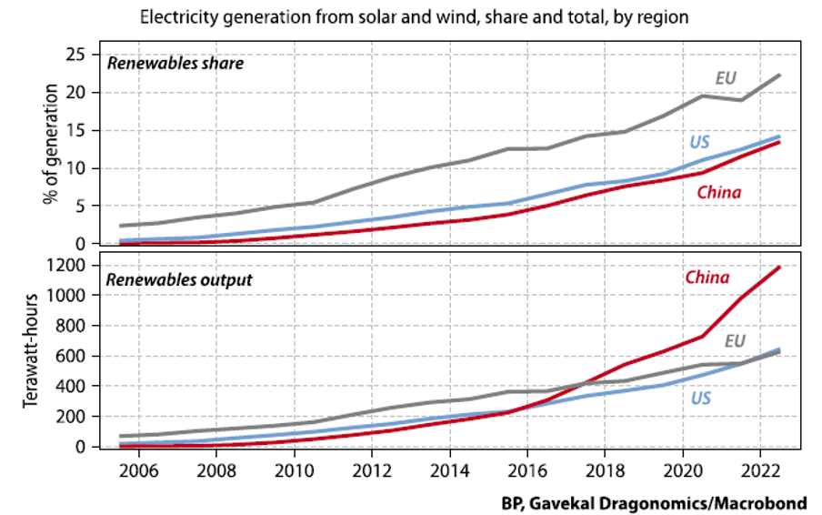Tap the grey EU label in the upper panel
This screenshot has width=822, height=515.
[x=725, y=78]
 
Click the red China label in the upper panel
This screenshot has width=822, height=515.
[x=718, y=192]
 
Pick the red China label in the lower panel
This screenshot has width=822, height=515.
[x=707, y=278]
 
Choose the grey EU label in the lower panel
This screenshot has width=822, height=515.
[x=736, y=341]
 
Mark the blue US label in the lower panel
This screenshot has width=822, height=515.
[x=700, y=398]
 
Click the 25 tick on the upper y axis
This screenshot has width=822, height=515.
[x=77, y=55]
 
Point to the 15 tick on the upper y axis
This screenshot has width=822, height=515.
[x=77, y=130]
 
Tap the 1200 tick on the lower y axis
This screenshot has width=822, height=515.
[x=69, y=266]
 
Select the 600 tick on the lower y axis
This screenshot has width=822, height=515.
[x=74, y=357]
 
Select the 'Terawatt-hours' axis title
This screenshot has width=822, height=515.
[x=31, y=356]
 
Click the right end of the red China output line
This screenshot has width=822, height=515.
[x=779, y=267]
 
